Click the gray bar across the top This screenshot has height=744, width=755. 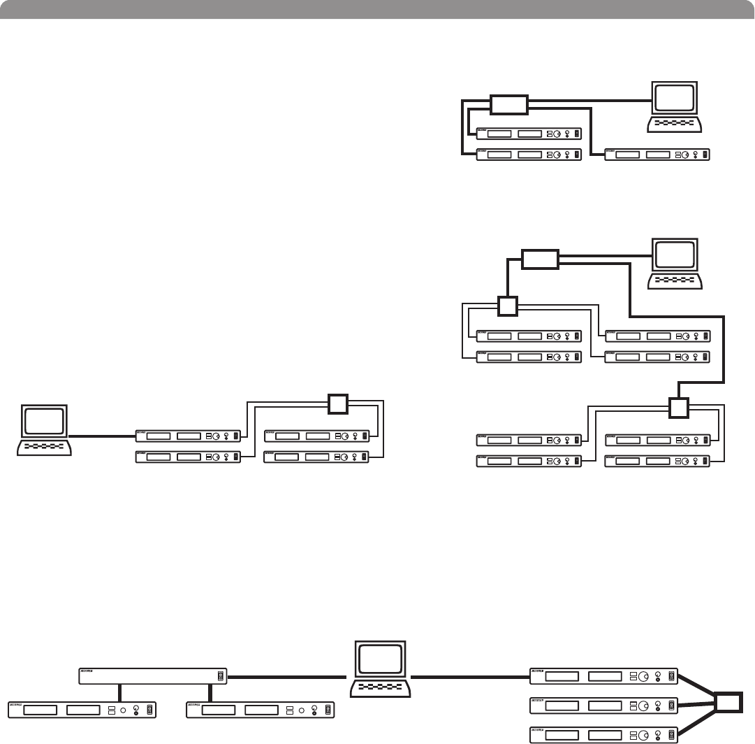pos(377,8)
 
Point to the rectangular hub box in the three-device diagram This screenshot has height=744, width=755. pos(508,105)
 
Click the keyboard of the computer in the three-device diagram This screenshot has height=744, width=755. pos(673,123)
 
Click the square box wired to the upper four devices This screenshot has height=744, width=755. pos(508,306)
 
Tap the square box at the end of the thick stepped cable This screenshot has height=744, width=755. pos(678,407)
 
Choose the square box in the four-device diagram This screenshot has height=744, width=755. pos(337,403)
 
